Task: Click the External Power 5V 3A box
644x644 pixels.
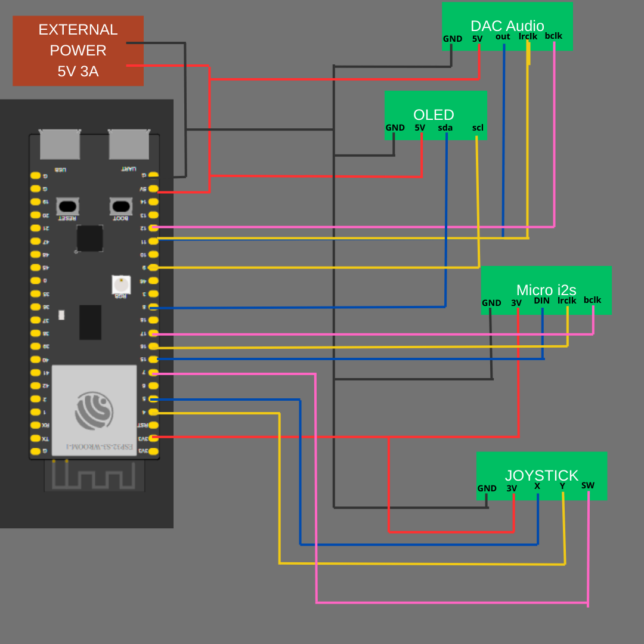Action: (78, 51)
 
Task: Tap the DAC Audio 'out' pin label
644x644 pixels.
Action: (503, 36)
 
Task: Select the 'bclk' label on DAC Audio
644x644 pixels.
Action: (553, 36)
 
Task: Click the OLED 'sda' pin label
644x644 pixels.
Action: (445, 128)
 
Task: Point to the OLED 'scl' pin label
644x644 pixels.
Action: (478, 128)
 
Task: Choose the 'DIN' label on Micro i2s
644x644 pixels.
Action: (541, 301)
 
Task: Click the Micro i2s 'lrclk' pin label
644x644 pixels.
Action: (567, 301)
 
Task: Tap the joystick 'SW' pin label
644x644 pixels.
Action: (588, 485)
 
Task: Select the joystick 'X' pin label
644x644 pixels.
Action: (537, 486)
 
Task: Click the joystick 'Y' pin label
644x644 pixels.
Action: (562, 486)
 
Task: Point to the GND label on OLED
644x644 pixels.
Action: (395, 128)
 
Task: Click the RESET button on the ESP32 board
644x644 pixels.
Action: (68, 206)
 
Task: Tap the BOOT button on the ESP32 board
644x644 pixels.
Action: (121, 206)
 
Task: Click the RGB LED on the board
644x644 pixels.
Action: (121, 284)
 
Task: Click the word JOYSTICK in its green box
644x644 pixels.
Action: (541, 475)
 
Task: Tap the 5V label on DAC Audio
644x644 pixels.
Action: (478, 39)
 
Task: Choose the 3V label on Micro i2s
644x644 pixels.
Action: (516, 303)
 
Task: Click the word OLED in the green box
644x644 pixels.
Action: (434, 114)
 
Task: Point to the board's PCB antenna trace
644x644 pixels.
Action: (94, 476)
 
